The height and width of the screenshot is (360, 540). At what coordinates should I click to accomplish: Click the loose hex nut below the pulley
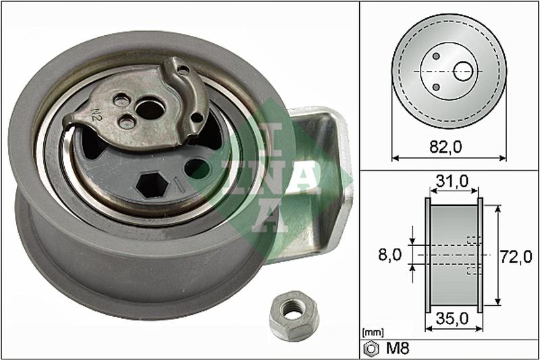point(294,315)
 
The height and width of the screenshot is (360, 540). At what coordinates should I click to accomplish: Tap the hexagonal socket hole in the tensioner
point(152,185)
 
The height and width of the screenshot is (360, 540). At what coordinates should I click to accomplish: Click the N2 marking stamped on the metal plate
point(96,115)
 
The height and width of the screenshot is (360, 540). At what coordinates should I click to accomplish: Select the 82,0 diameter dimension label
point(446,147)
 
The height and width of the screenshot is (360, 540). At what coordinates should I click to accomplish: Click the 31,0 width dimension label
point(452,181)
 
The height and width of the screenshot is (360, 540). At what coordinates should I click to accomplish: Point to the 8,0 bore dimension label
point(390,255)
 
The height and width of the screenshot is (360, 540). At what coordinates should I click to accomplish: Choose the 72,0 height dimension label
point(516,257)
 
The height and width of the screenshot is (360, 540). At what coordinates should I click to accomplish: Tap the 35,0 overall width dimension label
point(452,319)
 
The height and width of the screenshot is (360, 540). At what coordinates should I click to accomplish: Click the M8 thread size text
point(398,349)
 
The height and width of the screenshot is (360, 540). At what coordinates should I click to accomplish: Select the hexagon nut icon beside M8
point(371,349)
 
